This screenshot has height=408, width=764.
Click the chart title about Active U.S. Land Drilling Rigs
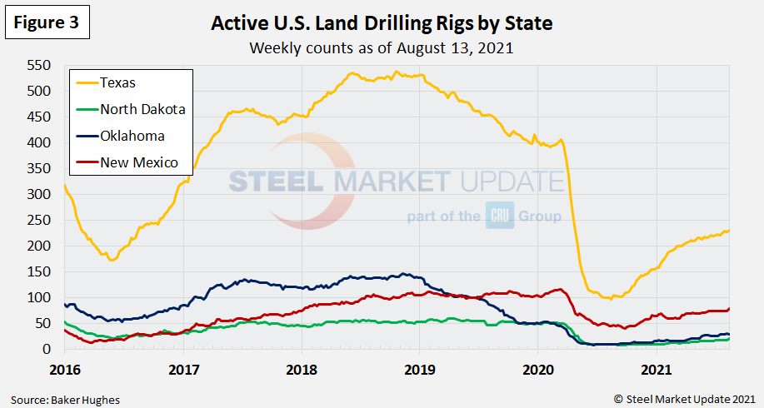pyautogui.click(x=382, y=23)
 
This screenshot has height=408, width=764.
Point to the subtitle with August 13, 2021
pyautogui.click(x=382, y=47)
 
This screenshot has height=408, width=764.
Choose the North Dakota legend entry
pyautogui.click(x=142, y=109)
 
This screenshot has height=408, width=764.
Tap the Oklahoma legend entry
pyautogui.click(x=132, y=136)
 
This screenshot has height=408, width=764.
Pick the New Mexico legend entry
pyautogui.click(x=138, y=162)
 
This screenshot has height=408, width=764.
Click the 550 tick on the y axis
pyautogui.click(x=39, y=66)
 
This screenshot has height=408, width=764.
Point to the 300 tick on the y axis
pyautogui.click(x=39, y=195)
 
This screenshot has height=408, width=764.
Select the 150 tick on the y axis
pyautogui.click(x=39, y=272)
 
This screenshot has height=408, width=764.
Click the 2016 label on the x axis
pyautogui.click(x=64, y=366)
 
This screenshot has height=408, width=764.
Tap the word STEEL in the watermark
pyautogui.click(x=278, y=182)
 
